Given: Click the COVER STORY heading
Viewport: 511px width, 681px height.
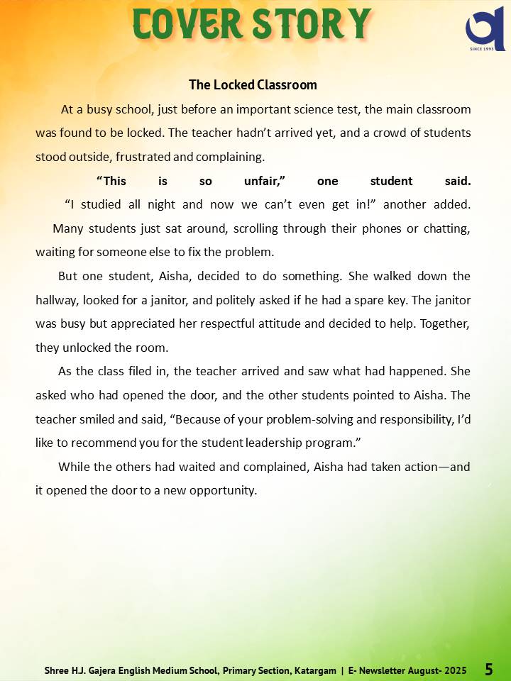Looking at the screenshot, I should (252, 25).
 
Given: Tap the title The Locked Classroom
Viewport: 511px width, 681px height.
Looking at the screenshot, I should (253, 84).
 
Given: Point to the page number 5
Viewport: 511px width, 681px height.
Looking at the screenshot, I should (489, 669).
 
